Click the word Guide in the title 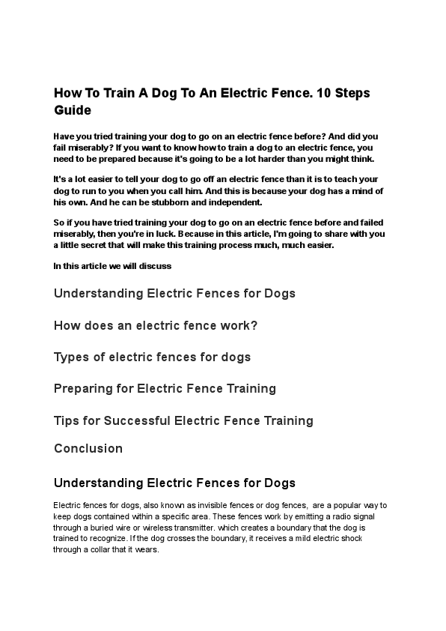(73, 110)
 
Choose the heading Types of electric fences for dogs (152, 357)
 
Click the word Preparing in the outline (83, 388)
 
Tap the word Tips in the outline (67, 420)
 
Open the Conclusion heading (88, 448)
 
